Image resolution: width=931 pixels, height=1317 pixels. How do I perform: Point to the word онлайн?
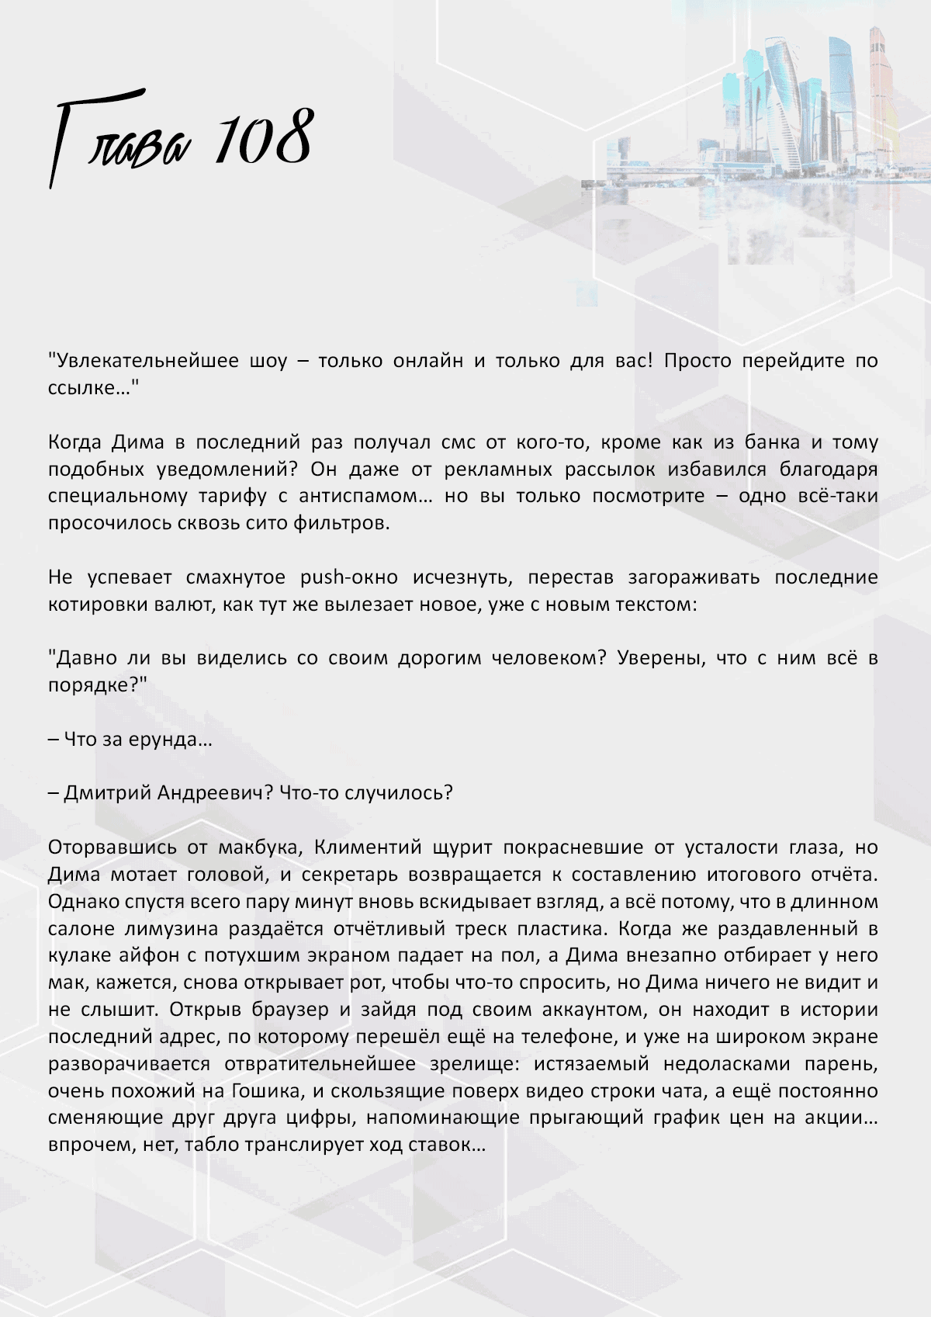pos(427,361)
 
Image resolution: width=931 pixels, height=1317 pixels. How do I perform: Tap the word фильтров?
pos(341,523)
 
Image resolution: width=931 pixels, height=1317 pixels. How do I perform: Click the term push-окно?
pos(348,577)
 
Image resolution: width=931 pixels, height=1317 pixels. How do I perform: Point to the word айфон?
pos(159,955)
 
